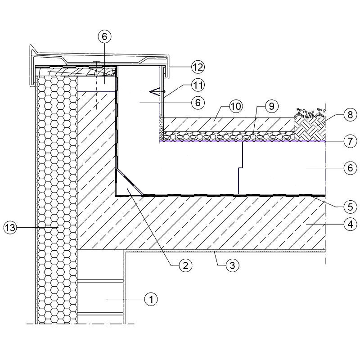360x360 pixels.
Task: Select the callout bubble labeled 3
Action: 231,265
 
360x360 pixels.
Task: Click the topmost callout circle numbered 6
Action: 104,36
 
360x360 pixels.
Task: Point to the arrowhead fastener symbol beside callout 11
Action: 156,92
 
